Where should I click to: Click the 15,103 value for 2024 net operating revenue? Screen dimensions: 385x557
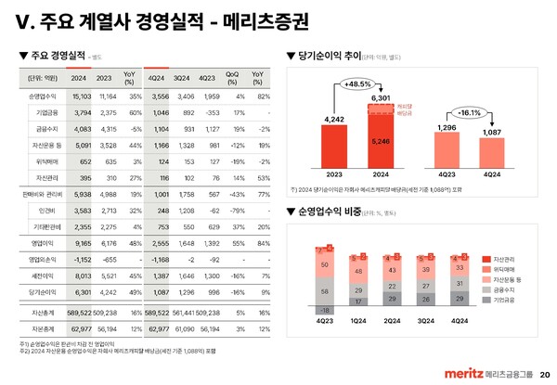tap(80, 96)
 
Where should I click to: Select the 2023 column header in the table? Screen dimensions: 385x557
tap(105, 77)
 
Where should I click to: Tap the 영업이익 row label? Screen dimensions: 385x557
tap(44, 242)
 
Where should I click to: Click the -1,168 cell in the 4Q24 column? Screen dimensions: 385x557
tap(159, 260)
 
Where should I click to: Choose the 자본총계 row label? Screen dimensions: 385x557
tap(44, 328)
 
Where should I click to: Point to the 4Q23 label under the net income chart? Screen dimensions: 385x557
tap(446, 173)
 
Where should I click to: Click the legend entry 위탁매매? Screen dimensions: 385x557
tap(505, 270)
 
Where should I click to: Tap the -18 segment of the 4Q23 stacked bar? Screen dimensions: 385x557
tap(325, 310)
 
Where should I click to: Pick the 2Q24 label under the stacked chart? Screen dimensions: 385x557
tap(392, 320)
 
